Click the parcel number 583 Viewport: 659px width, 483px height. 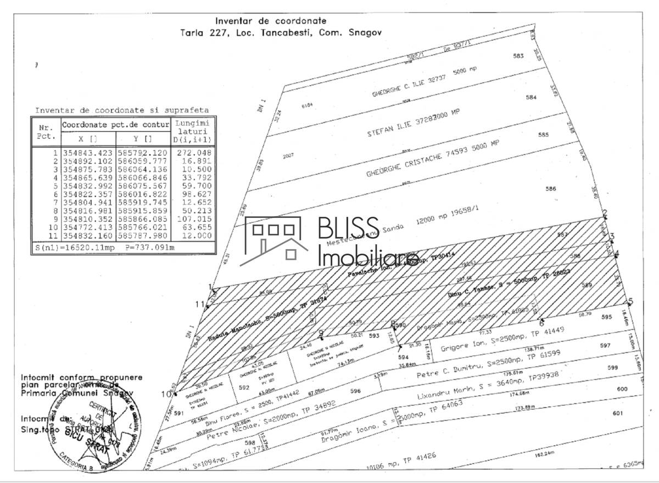[x=518, y=56]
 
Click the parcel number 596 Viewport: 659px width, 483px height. [x=355, y=391]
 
